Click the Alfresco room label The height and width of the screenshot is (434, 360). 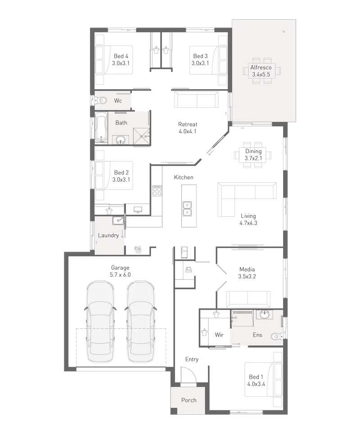point(261,67)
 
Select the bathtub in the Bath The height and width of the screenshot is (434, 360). point(101,127)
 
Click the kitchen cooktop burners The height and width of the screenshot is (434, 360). point(157,190)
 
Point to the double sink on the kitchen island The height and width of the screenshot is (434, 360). point(187,208)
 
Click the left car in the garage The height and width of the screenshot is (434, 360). point(100,321)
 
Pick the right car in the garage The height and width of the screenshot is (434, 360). point(140,321)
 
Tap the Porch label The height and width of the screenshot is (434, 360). point(189,400)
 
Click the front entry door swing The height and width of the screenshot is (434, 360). point(189,375)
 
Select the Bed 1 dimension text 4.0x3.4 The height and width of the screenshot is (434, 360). point(256,384)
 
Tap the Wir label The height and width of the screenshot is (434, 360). point(219,335)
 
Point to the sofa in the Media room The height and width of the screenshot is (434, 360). point(248,299)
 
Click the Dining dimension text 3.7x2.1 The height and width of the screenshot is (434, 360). point(253,158)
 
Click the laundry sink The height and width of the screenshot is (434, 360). point(118,221)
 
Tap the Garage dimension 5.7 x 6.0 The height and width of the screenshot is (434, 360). point(120,275)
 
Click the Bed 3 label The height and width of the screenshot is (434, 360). point(200,56)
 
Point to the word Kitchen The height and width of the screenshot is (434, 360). point(184,177)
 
